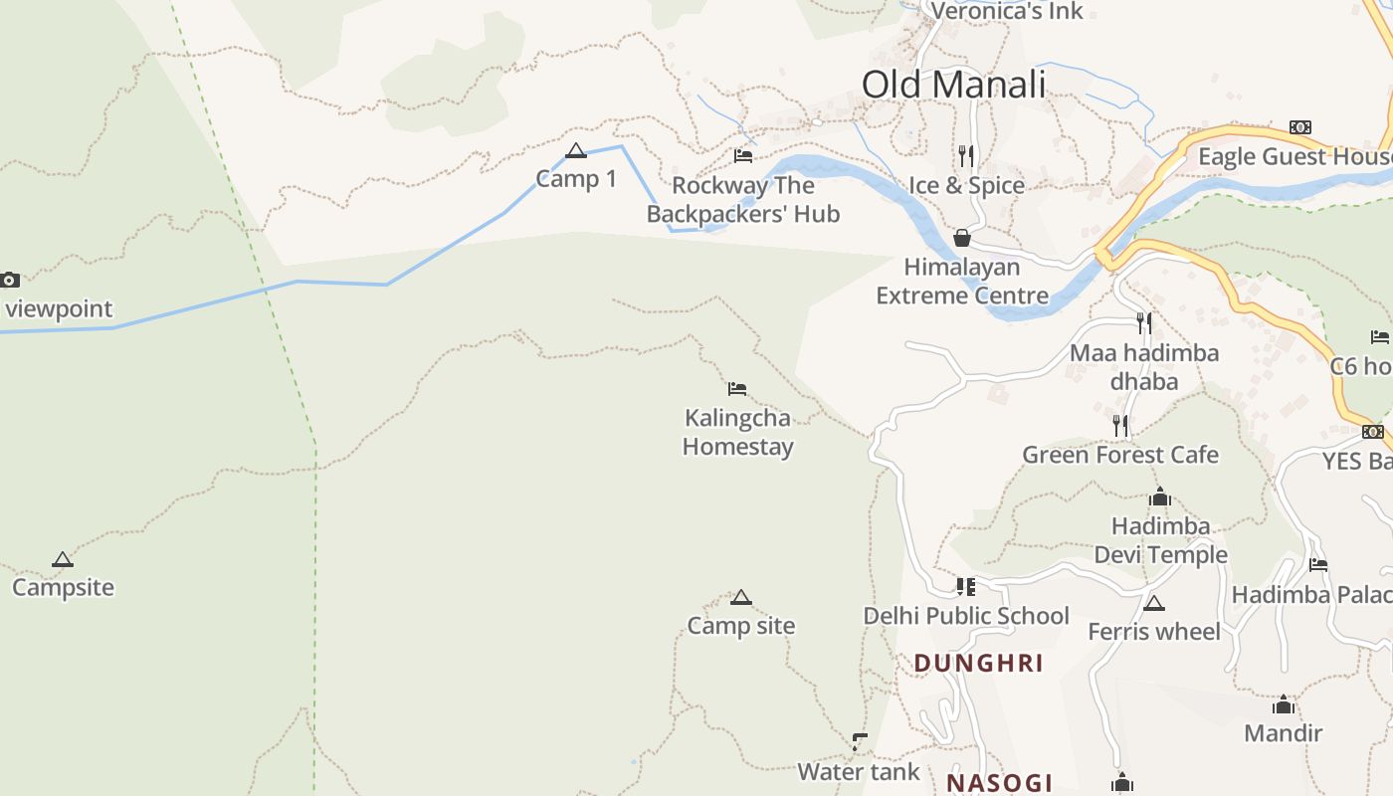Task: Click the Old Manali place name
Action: click(x=953, y=85)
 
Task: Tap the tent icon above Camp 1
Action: click(x=575, y=151)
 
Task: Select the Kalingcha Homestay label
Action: click(x=737, y=432)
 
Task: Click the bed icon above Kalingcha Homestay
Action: click(x=737, y=389)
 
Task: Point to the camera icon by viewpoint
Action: click(x=9, y=281)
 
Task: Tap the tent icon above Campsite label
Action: click(x=63, y=559)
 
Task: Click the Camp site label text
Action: click(x=741, y=626)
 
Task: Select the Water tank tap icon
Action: click(x=860, y=742)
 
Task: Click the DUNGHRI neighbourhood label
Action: click(x=978, y=664)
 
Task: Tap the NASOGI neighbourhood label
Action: click(x=999, y=783)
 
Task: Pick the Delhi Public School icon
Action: click(x=965, y=587)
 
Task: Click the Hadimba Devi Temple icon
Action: click(x=1159, y=497)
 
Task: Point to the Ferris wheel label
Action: click(x=1154, y=632)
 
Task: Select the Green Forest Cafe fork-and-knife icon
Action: click(x=1120, y=426)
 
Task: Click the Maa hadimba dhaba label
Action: click(x=1144, y=366)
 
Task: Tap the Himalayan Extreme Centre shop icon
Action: click(x=961, y=238)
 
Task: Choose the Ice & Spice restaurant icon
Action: click(x=965, y=156)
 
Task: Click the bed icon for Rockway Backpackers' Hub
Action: click(x=743, y=155)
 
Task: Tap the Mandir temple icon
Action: click(x=1284, y=705)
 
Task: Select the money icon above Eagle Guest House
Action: click(x=1299, y=127)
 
